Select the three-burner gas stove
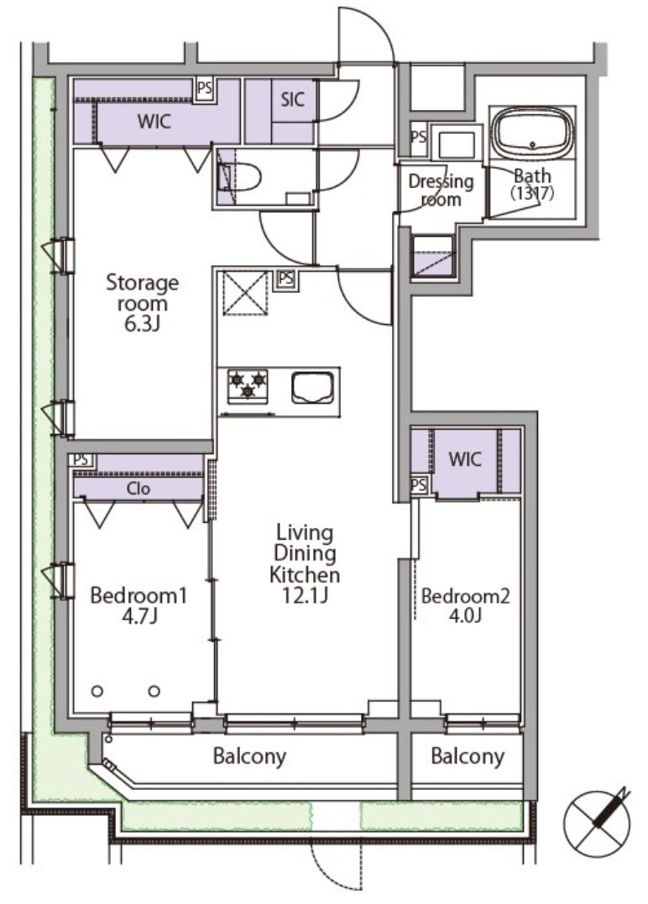pyautogui.click(x=248, y=386)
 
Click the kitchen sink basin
pyautogui.click(x=313, y=388)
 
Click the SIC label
pyautogui.click(x=292, y=99)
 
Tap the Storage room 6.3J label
pyautogui.click(x=142, y=303)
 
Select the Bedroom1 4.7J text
pyautogui.click(x=139, y=605)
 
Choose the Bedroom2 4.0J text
pyautogui.click(x=466, y=605)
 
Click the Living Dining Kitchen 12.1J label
pyautogui.click(x=305, y=563)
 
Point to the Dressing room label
pyautogui.click(x=441, y=191)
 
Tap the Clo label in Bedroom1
pyautogui.click(x=138, y=489)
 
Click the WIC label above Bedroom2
pyautogui.click(x=465, y=459)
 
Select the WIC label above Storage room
pyautogui.click(x=154, y=122)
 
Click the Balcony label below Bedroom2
pyautogui.click(x=468, y=755)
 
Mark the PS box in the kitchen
pyautogui.click(x=285, y=279)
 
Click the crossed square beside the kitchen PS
pyautogui.click(x=246, y=293)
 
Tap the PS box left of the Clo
pyautogui.click(x=81, y=460)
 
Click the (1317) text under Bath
pyautogui.click(x=532, y=193)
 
